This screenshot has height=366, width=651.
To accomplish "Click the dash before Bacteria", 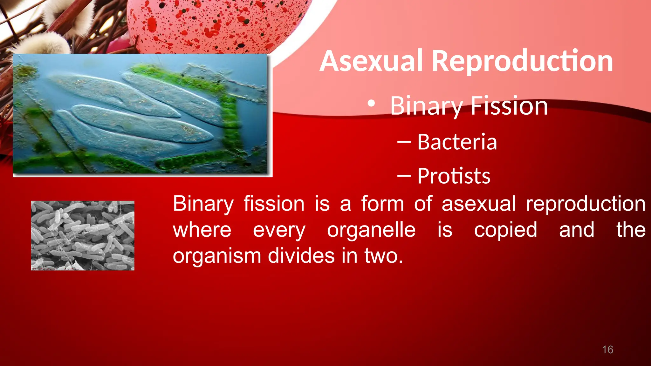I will [x=404, y=142].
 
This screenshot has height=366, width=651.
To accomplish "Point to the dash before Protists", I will [x=404, y=176].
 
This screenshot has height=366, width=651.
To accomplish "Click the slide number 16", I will [x=607, y=350].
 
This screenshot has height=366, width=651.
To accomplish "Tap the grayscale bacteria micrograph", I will [x=83, y=235].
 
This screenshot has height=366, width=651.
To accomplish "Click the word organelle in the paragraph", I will [x=371, y=230].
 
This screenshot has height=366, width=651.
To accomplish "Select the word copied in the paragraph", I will [x=505, y=230].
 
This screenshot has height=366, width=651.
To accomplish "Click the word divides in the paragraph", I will [x=301, y=256].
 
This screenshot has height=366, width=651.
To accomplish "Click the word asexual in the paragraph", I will [x=478, y=204].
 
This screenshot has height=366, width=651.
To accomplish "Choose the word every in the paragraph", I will [x=279, y=230].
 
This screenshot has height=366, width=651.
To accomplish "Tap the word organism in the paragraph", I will [x=217, y=256].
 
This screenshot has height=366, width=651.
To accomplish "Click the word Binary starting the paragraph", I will [x=203, y=204].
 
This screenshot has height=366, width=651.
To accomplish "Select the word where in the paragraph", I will [x=202, y=230].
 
